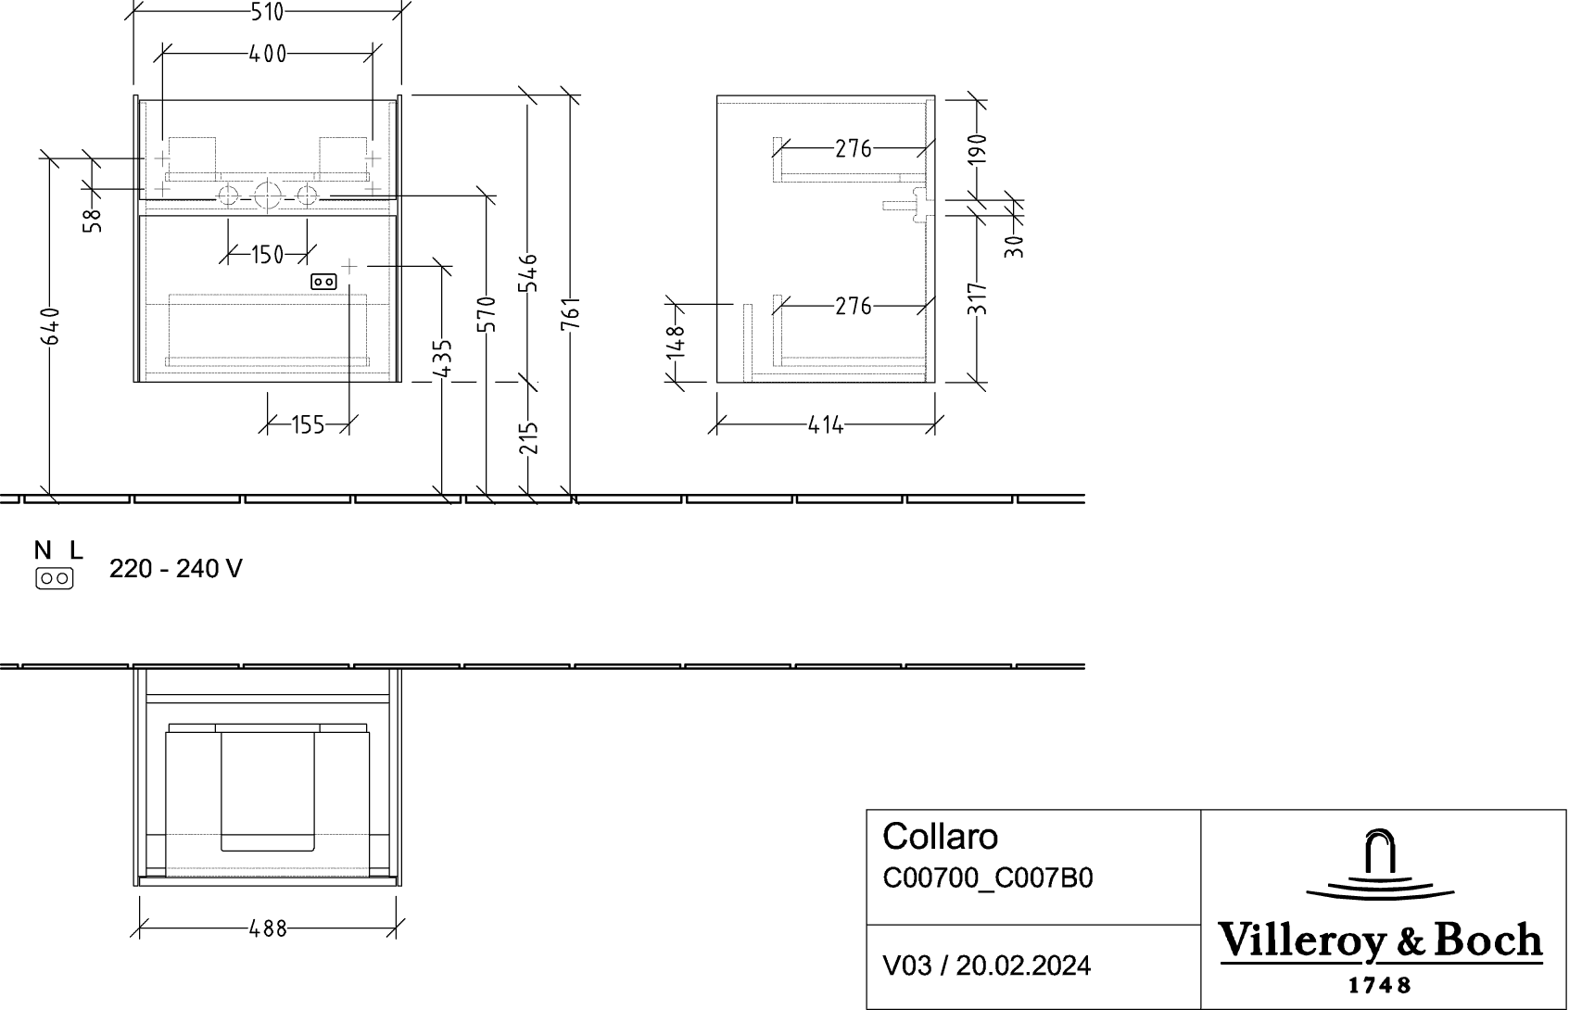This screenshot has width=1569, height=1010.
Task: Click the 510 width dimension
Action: [267, 12]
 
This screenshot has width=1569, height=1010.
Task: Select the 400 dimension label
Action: [267, 54]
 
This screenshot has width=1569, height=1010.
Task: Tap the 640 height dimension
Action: [50, 325]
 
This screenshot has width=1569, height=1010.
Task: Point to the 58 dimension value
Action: [93, 221]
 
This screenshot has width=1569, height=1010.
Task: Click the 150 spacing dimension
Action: [267, 255]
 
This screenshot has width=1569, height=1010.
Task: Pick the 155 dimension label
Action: [309, 425]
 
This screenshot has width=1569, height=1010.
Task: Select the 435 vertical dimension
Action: [442, 358]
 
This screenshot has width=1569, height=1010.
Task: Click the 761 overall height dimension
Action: [571, 313]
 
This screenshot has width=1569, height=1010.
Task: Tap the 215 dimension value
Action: [529, 437]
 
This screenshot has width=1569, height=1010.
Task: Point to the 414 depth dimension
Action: [825, 425]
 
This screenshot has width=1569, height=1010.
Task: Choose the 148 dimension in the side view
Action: [676, 343]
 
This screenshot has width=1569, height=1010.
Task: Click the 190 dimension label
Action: [977, 149]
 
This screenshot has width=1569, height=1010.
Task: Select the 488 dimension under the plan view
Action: [268, 928]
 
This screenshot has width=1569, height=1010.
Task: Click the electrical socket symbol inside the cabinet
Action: [323, 283]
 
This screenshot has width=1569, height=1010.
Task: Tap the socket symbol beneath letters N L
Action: [55, 578]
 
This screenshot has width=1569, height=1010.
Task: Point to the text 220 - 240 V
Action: [176, 569]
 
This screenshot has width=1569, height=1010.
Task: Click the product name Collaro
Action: [940, 837]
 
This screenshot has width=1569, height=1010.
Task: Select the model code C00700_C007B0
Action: [988, 878]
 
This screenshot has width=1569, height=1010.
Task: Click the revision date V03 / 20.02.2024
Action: [987, 966]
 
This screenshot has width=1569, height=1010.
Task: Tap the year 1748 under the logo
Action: [1379, 986]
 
